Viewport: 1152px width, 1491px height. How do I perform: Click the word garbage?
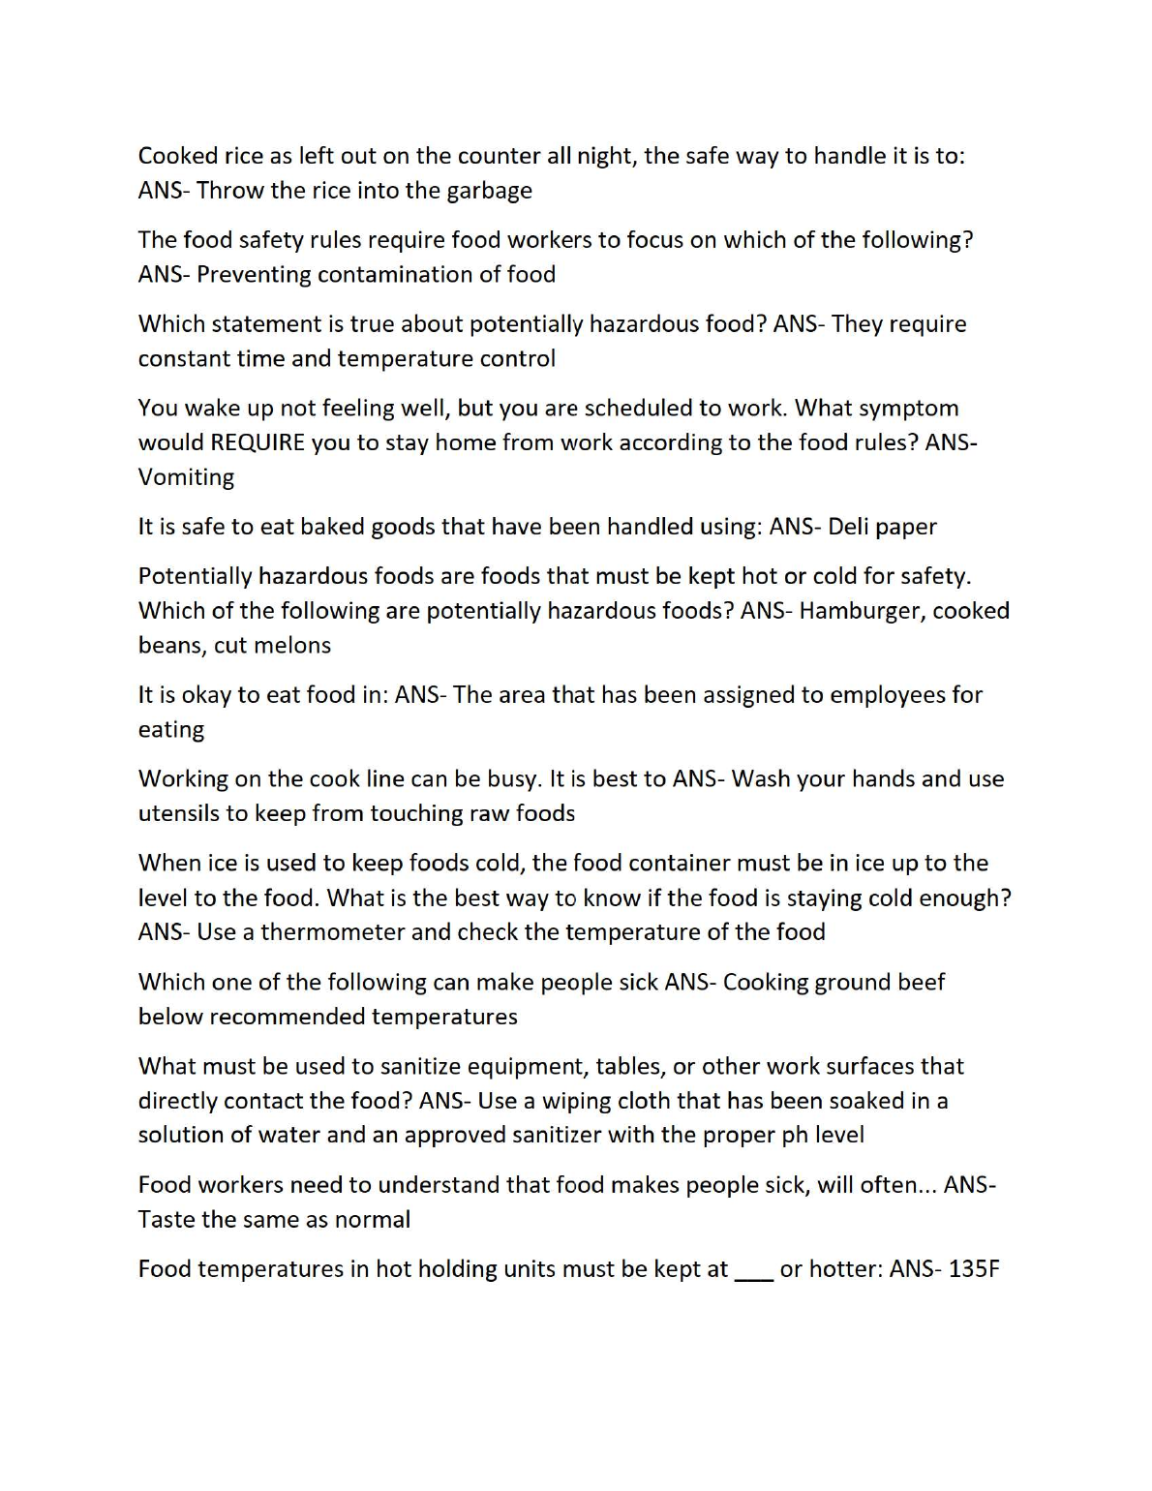[x=489, y=191]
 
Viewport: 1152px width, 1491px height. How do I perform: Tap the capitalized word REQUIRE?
[x=258, y=443]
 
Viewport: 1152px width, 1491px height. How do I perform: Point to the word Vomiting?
[x=186, y=477]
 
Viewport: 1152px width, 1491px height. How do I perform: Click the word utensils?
[x=179, y=813]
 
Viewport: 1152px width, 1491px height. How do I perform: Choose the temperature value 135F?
[x=974, y=1269]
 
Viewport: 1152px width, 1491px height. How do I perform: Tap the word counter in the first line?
[x=499, y=157]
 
